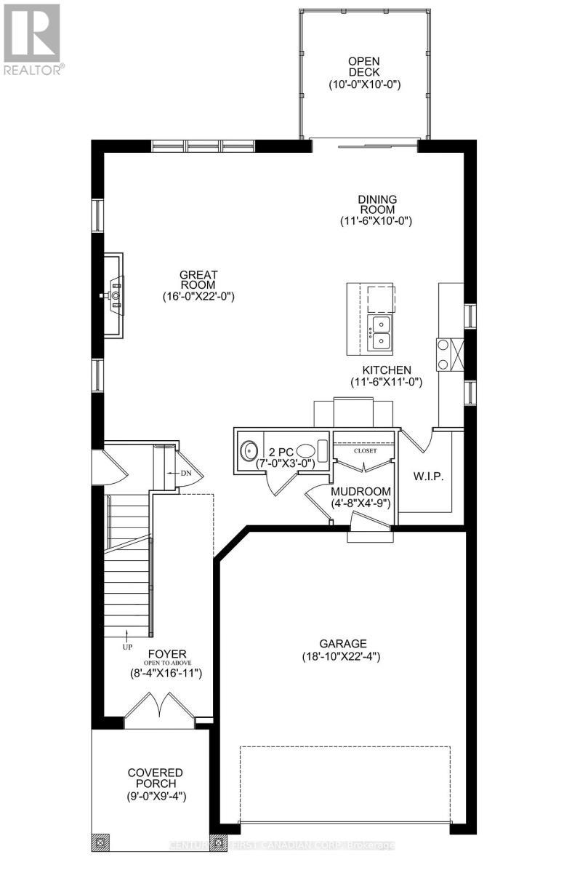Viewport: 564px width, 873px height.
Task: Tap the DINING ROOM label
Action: pyautogui.click(x=376, y=203)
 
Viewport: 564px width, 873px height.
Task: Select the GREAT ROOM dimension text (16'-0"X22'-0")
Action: pyautogui.click(x=198, y=297)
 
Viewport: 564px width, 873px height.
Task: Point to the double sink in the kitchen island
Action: pyautogui.click(x=379, y=332)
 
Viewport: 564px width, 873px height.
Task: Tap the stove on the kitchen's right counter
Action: pyautogui.click(x=444, y=354)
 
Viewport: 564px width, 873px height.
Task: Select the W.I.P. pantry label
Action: pyautogui.click(x=428, y=477)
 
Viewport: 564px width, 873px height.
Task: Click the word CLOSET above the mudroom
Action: pyautogui.click(x=365, y=450)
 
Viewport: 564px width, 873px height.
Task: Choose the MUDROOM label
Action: pyautogui.click(x=362, y=491)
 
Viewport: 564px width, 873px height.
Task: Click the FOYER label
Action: pyautogui.click(x=161, y=653)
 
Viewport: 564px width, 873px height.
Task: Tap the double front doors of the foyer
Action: pyautogui.click(x=159, y=709)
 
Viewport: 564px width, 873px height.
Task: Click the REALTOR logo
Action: pyautogui.click(x=33, y=39)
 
